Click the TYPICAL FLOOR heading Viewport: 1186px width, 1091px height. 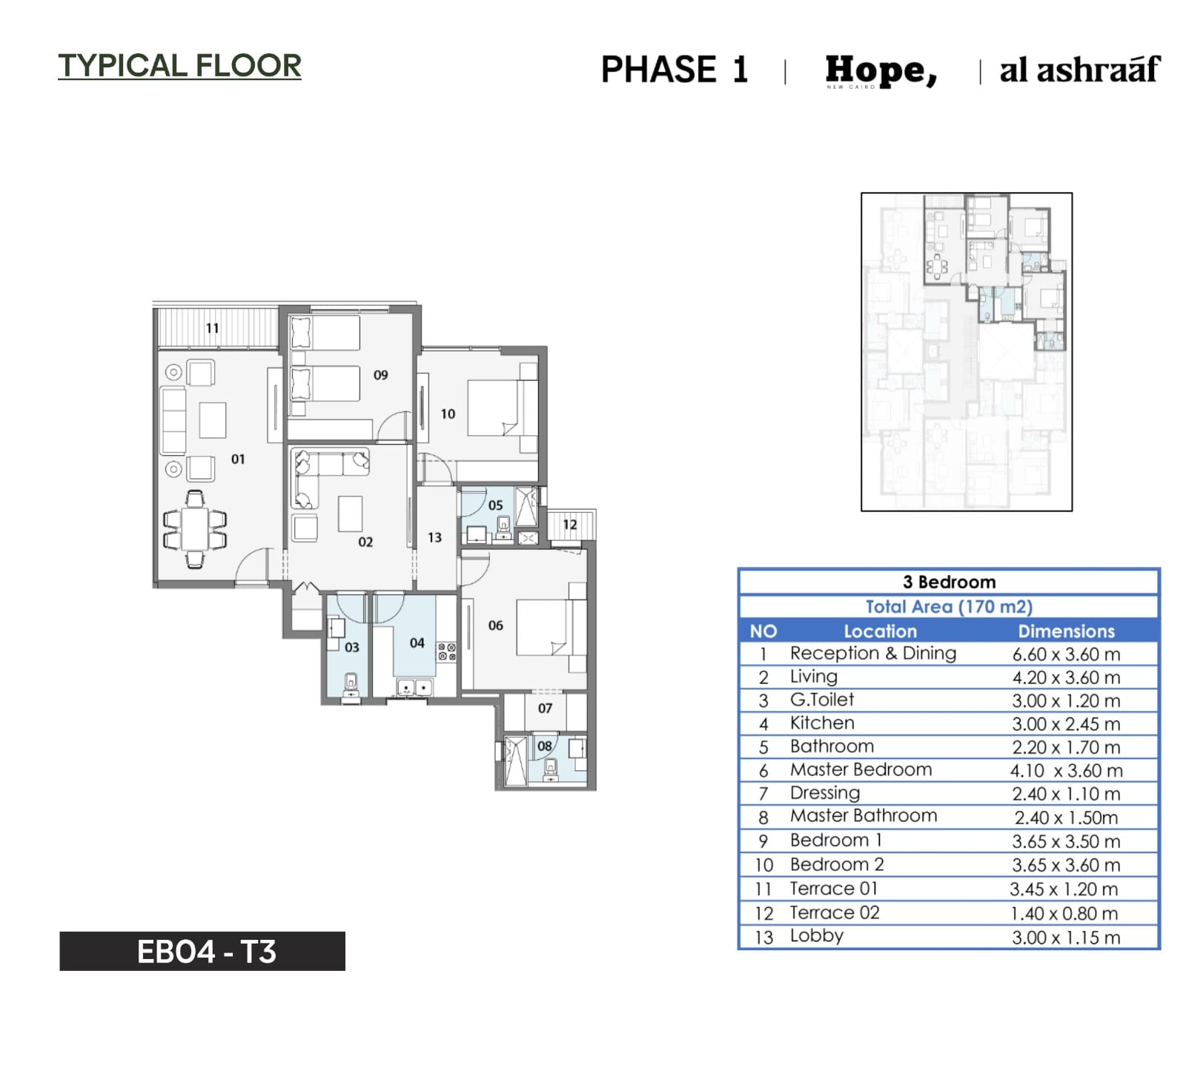[179, 65]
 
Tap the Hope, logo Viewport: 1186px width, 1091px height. [881, 71]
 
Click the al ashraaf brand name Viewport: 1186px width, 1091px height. [1079, 69]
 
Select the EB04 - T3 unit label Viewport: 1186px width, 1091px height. [206, 952]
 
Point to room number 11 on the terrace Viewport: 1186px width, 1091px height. [213, 328]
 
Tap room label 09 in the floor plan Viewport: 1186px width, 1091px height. [380, 375]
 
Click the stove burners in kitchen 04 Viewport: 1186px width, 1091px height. [446, 651]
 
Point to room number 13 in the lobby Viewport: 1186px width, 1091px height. [434, 537]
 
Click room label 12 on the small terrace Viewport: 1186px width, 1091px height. [569, 525]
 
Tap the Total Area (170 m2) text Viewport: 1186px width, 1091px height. [949, 606]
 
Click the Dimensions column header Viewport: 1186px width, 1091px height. [1066, 631]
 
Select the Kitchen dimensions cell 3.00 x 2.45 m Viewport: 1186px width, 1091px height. [1066, 724]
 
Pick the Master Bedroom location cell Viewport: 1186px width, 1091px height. [861, 769]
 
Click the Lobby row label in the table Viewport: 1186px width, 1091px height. [816, 936]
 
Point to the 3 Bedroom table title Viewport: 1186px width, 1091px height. [949, 582]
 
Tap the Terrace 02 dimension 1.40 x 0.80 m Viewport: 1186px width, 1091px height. [1064, 913]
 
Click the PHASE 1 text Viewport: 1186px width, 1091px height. [674, 70]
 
